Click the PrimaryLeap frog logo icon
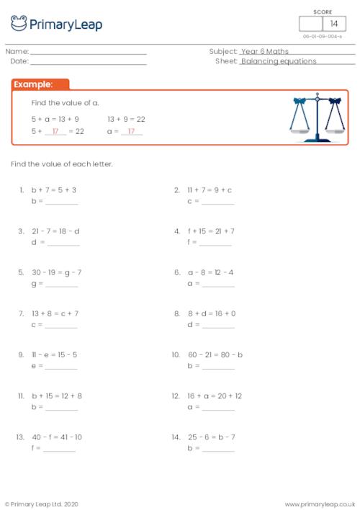19,23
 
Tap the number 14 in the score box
334,24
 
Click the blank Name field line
88,52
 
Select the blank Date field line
88,62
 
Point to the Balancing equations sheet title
279,62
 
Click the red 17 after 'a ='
131,132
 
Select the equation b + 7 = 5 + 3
54,190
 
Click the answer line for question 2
217,202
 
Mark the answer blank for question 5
61,285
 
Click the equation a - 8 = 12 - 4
211,272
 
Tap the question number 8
176,314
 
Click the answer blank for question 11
61,408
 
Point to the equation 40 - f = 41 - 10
57,437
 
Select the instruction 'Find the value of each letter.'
62,164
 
